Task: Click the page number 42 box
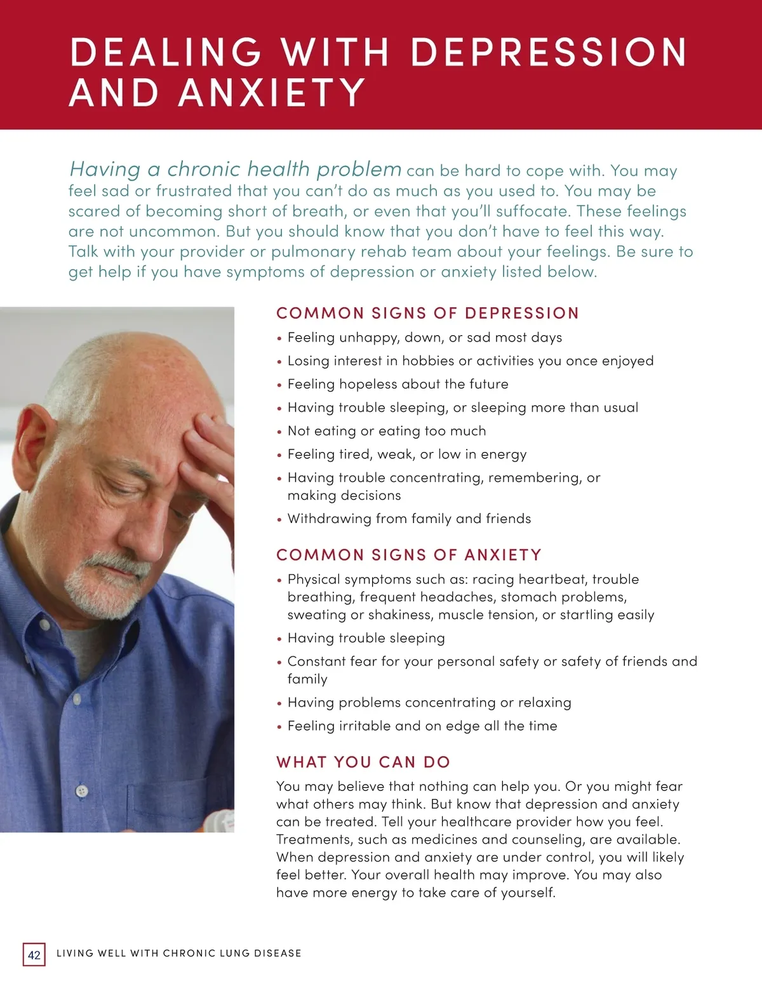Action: pyautogui.click(x=34, y=955)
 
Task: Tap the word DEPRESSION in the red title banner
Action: pyautogui.click(x=549, y=52)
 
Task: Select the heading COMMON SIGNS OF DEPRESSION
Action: pyautogui.click(x=427, y=313)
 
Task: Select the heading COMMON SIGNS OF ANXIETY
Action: pyautogui.click(x=409, y=555)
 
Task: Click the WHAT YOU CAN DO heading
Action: pyautogui.click(x=363, y=762)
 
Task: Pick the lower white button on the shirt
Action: pyautogui.click(x=81, y=791)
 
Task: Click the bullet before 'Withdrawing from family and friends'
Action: pyautogui.click(x=279, y=520)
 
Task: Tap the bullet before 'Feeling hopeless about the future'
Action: pyautogui.click(x=279, y=385)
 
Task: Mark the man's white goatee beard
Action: pyautogui.click(x=108, y=581)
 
